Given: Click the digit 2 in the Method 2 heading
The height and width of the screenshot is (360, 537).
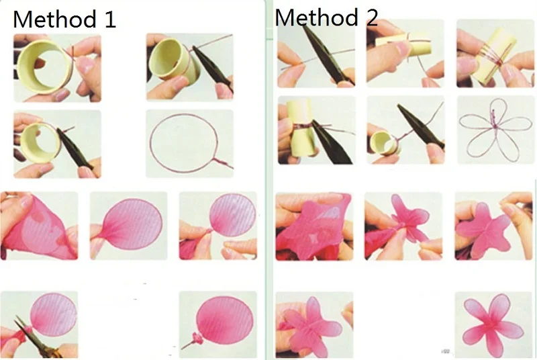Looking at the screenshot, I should [x=371, y=17].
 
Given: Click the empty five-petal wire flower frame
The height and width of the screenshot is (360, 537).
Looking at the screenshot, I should [x=494, y=131].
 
